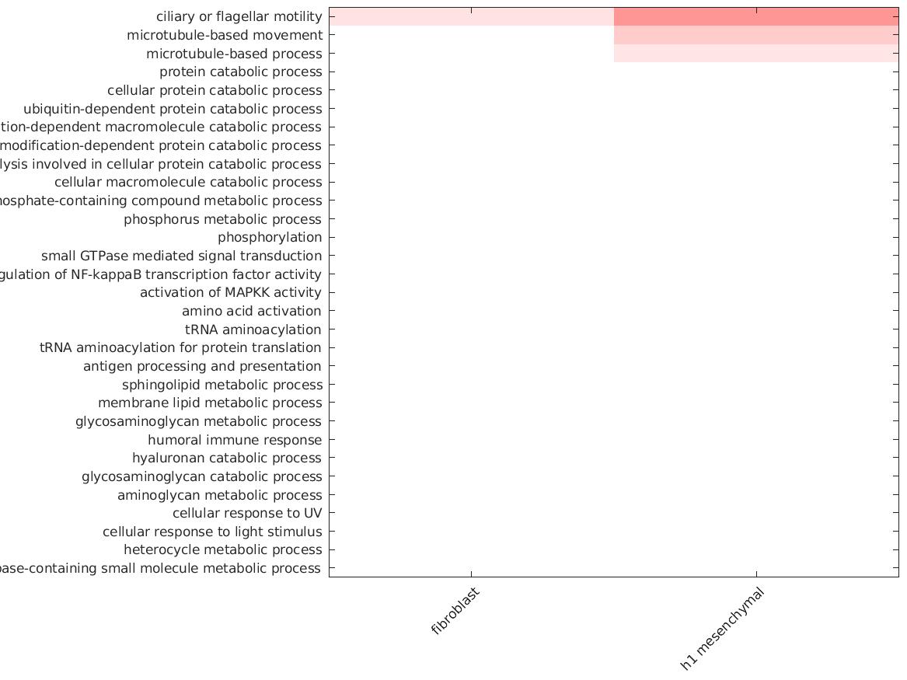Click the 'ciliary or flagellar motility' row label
pos(239,16)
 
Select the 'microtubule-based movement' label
pos(224,35)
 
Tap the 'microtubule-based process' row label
pos(233,54)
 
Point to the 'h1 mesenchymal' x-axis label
pos(722,629)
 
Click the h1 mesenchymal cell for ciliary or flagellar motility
pos(756,16)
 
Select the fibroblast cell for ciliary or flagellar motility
pos(471,16)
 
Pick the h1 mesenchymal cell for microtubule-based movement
pos(756,35)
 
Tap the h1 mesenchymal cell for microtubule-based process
pos(756,54)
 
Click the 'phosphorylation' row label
pos(269,237)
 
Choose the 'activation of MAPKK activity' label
pos(230,292)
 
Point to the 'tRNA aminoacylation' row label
pos(253,330)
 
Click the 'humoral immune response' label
pos(234,440)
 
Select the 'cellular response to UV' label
pos(246,513)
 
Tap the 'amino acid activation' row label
pos(251,311)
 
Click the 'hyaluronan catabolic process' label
pos(226,458)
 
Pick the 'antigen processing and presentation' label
pos(202,366)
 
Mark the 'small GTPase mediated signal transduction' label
pos(181,256)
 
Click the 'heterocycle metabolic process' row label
pos(222,549)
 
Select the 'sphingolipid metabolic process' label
pos(222,385)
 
